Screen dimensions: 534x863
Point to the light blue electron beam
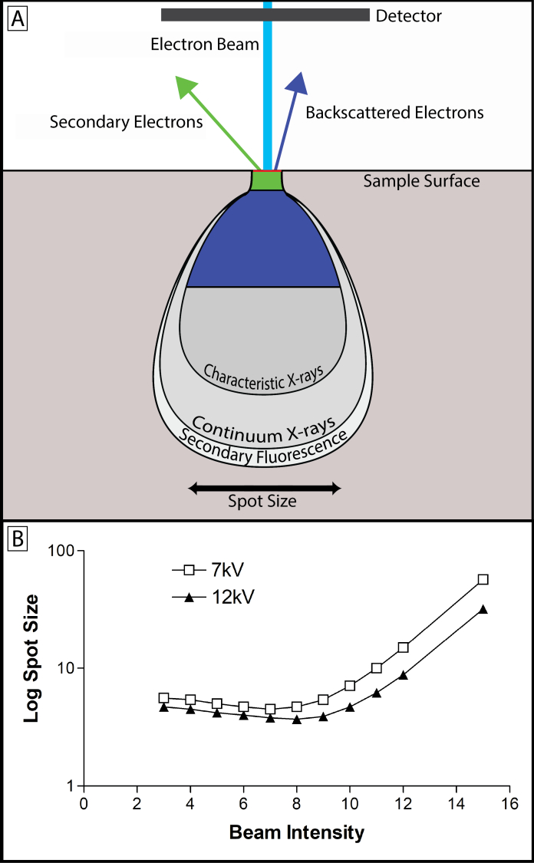pos(268,92)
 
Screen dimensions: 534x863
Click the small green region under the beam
pos(267,181)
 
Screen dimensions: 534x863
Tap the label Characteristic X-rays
pos(265,371)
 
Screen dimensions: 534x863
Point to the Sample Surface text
pos(421,182)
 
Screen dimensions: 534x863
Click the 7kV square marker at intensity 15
pos(483,579)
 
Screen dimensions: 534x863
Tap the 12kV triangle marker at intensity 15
pos(483,609)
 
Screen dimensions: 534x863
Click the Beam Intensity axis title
pos(296,832)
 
